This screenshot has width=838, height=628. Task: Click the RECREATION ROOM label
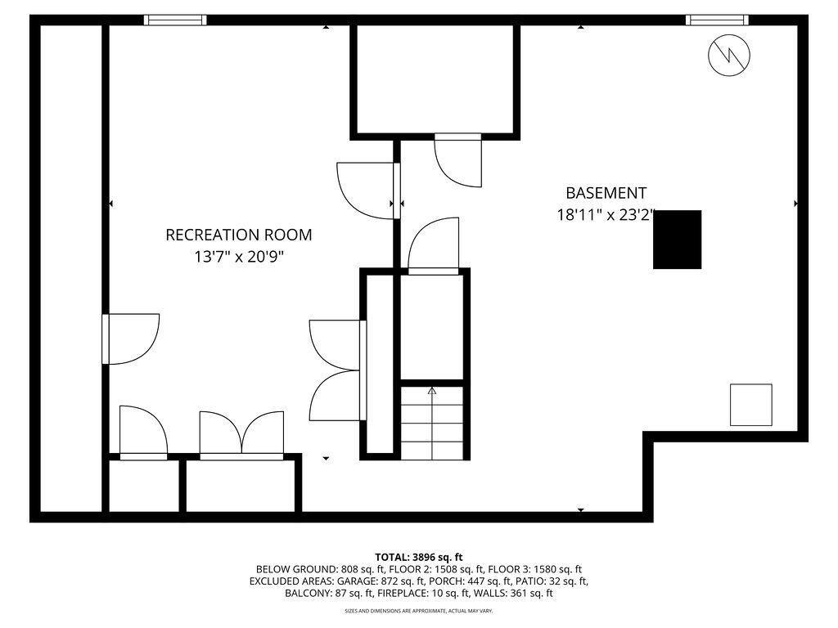point(238,235)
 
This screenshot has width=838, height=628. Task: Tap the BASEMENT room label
point(606,193)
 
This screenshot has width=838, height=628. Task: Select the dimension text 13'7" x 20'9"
point(238,256)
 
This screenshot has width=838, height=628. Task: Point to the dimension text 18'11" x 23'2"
point(606,216)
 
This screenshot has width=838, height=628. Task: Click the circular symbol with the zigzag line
point(728,56)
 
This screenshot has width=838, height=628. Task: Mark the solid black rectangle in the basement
point(678,240)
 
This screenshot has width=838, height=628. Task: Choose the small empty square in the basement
point(750,405)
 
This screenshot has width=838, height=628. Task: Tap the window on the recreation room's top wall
point(175,20)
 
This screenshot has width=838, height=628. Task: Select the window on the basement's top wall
point(717,20)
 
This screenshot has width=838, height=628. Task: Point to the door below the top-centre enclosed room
point(458,159)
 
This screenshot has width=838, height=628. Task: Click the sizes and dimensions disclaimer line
point(419,611)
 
